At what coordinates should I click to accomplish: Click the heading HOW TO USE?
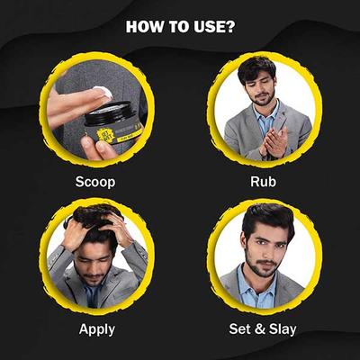pyautogui.click(x=181, y=25)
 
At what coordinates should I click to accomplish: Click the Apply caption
pyautogui.click(x=96, y=328)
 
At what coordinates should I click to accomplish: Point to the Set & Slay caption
pyautogui.click(x=264, y=328)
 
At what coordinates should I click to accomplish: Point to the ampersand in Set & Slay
pyautogui.click(x=262, y=328)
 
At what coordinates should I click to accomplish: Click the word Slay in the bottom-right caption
pyautogui.click(x=283, y=328)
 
